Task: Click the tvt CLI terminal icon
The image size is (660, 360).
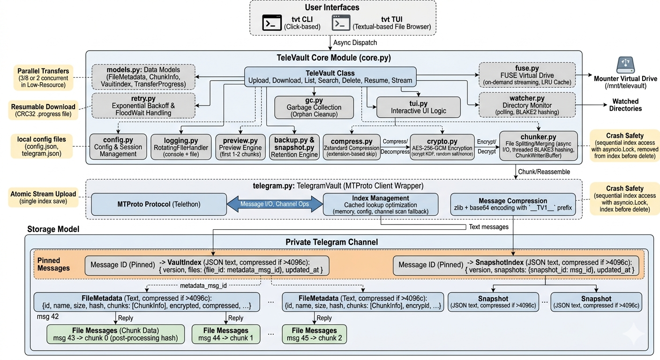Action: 272,22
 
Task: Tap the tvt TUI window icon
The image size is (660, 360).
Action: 341,22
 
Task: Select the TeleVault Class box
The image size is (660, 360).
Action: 330,77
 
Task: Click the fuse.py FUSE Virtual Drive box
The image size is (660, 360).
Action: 527,75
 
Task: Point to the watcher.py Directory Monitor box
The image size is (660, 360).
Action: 527,105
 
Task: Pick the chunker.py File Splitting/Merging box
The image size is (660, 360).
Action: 538,146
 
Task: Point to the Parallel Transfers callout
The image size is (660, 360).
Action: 43,77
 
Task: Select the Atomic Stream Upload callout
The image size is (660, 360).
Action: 43,197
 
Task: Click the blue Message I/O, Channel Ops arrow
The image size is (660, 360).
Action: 275,204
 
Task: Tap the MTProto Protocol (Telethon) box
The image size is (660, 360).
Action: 158,205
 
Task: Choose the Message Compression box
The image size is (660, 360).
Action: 512,204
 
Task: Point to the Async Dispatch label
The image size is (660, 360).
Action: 355,42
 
